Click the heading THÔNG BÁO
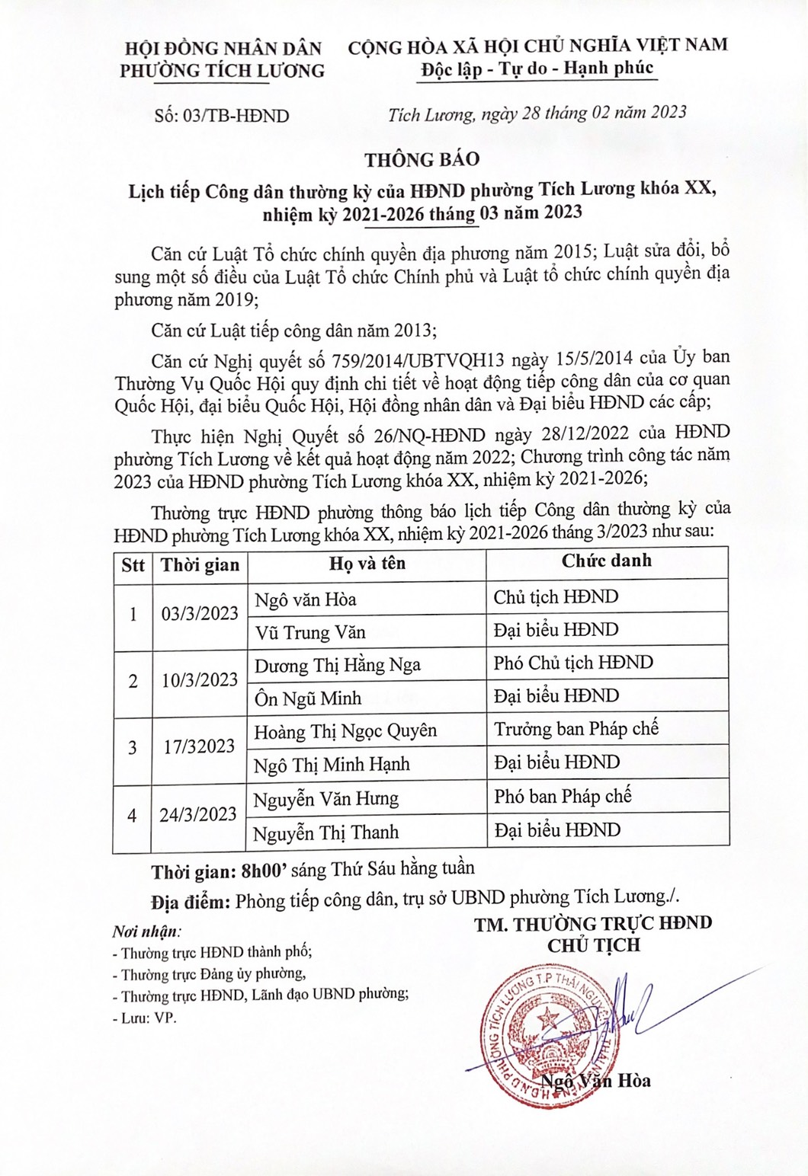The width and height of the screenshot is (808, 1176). click(422, 159)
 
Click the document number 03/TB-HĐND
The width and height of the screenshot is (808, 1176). click(222, 116)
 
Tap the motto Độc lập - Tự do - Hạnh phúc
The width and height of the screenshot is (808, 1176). click(537, 69)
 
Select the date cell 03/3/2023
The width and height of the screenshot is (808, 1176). click(200, 614)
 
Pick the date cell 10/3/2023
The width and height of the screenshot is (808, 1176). click(200, 680)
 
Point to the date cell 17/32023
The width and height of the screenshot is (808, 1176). click(200, 746)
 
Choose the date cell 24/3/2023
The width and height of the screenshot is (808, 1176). click(198, 814)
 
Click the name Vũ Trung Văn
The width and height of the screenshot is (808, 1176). click(310, 632)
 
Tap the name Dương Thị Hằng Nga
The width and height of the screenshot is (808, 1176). click(338, 665)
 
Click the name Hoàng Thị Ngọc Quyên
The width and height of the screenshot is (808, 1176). click(345, 731)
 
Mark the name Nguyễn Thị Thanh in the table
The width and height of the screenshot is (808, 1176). click(326, 832)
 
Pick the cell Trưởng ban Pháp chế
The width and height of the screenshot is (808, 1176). click(576, 729)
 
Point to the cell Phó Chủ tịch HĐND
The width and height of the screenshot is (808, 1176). click(573, 663)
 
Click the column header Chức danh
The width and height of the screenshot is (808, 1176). click(607, 561)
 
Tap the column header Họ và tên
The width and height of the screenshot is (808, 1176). click(367, 564)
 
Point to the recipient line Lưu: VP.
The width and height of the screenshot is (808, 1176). click(145, 1018)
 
